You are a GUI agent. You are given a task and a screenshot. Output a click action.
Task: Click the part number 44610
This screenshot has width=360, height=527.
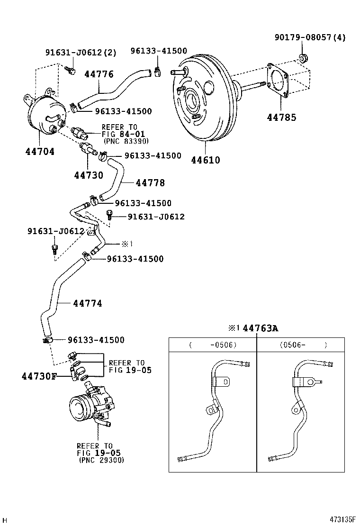tap(206, 160)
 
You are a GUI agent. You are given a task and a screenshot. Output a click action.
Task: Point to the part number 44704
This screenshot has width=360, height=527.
tap(40, 152)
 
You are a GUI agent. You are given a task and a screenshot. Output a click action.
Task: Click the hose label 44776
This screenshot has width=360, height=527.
tap(99, 74)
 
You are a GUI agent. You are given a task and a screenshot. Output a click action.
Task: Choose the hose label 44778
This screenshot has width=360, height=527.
tap(150, 182)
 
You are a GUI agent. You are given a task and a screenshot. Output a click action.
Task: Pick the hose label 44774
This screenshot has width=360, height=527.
tap(88, 303)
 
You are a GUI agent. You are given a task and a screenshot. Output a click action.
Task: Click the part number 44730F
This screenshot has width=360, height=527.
tap(39, 376)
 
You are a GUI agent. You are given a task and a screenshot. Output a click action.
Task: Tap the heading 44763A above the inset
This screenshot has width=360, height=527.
tap(259, 328)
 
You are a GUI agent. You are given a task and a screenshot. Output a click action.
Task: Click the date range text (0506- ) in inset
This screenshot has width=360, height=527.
tap(303, 345)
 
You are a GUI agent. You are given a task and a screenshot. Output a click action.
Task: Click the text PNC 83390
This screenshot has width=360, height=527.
tap(126, 141)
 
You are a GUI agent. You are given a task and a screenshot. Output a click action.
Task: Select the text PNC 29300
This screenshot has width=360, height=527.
tap(101, 460)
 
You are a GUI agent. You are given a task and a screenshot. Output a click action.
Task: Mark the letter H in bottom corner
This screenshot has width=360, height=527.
tap(5, 520)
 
